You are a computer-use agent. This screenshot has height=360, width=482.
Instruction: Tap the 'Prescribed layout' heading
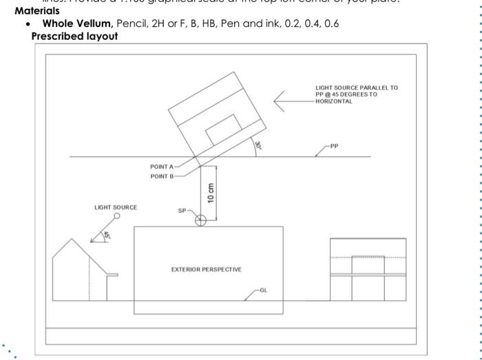74,36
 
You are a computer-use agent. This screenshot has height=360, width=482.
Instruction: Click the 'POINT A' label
163,167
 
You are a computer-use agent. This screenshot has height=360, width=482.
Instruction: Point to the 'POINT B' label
163,176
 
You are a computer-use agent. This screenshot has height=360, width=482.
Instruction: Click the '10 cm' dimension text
211,193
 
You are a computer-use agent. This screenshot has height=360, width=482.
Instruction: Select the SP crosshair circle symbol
200,220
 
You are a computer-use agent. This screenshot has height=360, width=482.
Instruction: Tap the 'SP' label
182,211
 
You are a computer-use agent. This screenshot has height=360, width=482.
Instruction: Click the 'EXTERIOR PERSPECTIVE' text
207,269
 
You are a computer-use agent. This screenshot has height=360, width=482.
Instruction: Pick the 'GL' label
264,290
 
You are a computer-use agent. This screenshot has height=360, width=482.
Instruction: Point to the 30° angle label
258,145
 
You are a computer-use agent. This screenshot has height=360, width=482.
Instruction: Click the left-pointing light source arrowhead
277,101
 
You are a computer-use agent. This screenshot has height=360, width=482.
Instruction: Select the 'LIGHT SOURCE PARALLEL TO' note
356,88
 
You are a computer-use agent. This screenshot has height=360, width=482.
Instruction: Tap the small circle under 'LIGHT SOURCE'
117,216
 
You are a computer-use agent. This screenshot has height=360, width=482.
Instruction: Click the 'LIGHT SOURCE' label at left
116,207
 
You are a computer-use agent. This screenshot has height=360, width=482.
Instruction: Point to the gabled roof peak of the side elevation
71,240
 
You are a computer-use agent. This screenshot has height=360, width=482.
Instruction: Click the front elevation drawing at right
368,269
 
